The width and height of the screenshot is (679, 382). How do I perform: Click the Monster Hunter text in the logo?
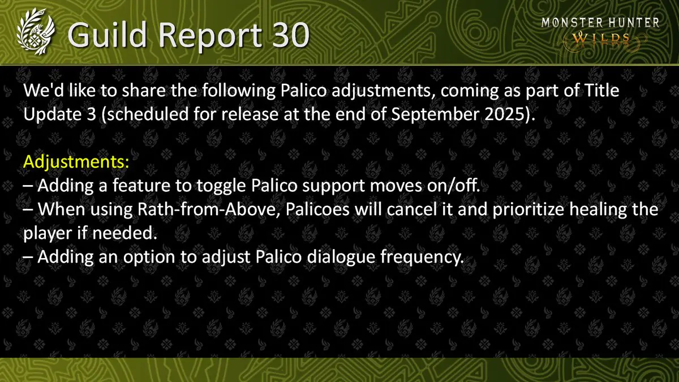tap(600, 23)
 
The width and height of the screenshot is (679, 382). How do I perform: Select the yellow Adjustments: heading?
tap(76, 162)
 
